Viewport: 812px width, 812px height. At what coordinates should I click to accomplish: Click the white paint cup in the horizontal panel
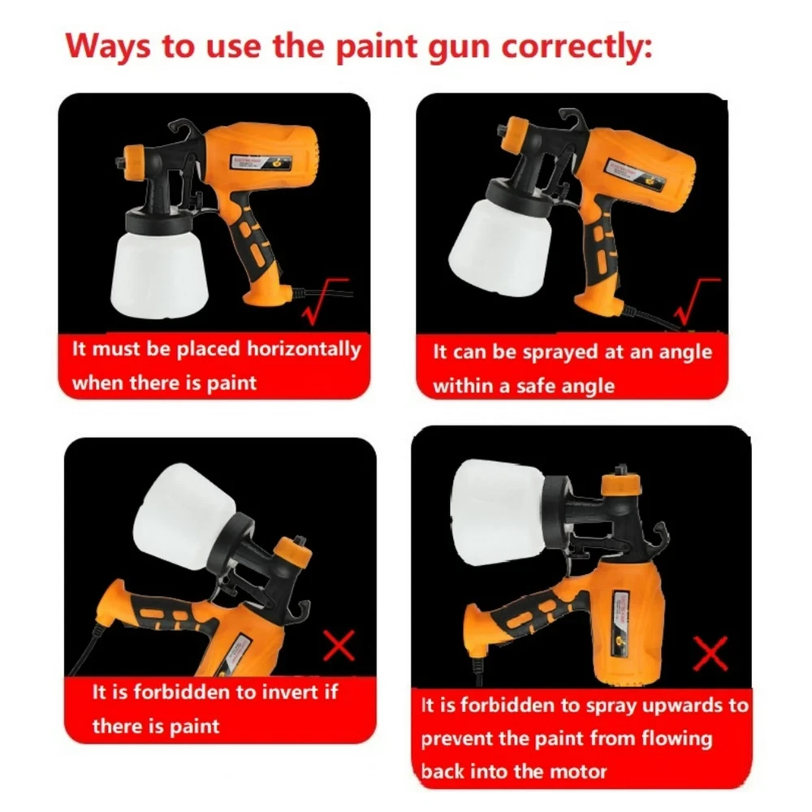pos(159,274)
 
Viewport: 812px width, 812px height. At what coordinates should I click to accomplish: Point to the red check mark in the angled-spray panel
pos(696,302)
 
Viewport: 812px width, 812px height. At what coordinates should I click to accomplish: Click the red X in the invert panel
pos(339,646)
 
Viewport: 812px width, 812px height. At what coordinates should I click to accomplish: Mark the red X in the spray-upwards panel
pos(710,653)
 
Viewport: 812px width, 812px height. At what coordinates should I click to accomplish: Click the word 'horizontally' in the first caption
pos(304,349)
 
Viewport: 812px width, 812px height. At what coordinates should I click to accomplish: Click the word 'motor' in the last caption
pos(577,771)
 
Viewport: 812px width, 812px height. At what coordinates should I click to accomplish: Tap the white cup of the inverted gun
pos(184,516)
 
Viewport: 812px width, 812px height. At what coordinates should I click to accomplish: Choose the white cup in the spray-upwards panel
pos(498,512)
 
